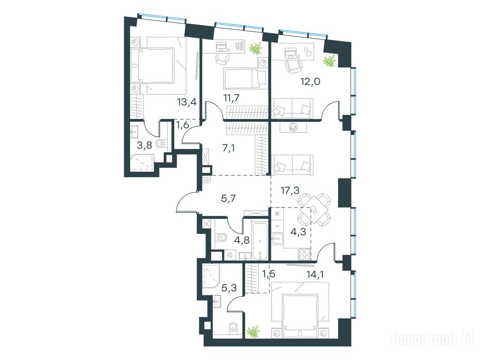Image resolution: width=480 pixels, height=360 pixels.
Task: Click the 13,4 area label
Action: [x=186, y=102]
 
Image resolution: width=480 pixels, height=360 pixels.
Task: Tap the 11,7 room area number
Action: [x=231, y=98]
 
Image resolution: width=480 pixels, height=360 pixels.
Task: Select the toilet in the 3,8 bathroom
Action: [x=161, y=143]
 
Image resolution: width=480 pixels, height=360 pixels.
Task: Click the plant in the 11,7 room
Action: [x=255, y=48]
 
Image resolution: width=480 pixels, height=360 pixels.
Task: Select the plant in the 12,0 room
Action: [x=330, y=61]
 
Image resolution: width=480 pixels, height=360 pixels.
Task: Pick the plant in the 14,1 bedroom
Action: [x=253, y=332]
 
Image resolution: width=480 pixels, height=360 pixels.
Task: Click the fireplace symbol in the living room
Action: [x=293, y=127]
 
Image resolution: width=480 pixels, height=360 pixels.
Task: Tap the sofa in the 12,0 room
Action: [x=292, y=108]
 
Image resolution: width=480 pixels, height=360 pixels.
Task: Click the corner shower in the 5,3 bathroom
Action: [x=211, y=276]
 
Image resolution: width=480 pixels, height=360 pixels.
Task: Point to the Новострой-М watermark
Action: [x=435, y=339]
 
